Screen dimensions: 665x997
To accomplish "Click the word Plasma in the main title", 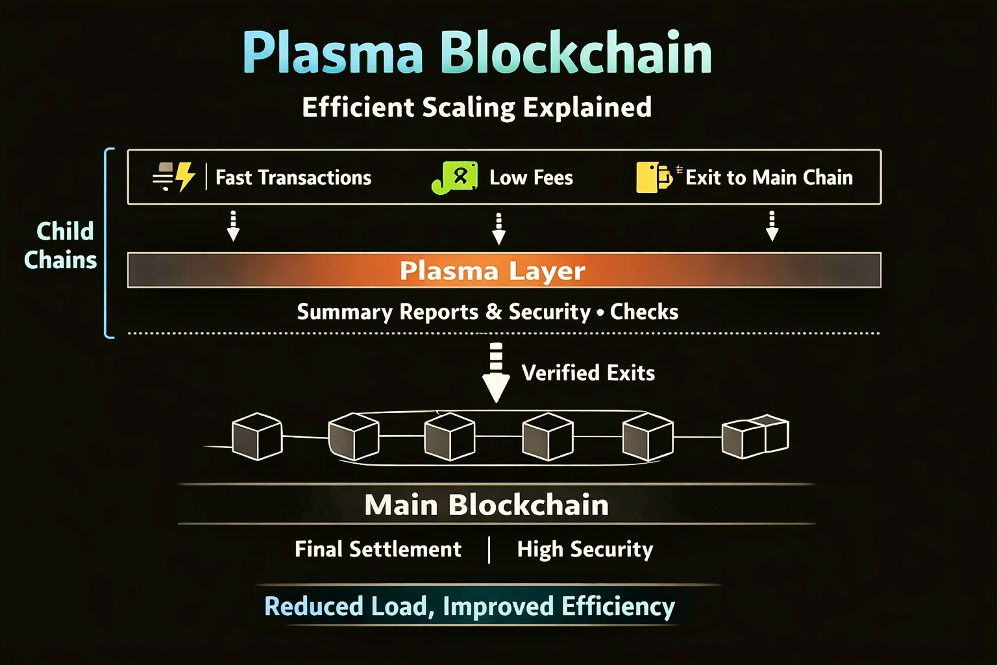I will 332,53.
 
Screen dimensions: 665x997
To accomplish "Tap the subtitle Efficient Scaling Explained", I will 476,107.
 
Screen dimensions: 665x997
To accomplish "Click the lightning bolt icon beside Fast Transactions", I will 185,177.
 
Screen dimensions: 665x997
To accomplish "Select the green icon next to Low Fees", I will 454,177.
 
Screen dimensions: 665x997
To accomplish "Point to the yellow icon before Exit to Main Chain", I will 654,177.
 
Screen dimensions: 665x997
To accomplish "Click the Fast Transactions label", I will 293,177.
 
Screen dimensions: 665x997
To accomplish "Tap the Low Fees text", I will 531,177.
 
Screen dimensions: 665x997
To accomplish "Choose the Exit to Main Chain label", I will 769,177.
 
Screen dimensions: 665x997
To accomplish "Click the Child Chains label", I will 60,245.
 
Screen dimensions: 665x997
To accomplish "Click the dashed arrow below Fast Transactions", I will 233,226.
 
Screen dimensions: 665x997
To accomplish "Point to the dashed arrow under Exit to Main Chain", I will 772,226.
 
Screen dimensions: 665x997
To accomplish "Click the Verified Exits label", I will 588,373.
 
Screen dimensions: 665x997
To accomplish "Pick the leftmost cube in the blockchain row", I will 257,436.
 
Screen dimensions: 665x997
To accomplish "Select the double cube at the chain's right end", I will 755,436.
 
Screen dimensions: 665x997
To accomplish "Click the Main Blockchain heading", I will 487,505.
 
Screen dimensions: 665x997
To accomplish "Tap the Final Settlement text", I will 378,549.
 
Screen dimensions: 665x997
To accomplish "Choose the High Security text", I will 585,549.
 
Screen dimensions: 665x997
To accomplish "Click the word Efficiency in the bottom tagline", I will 618,607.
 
